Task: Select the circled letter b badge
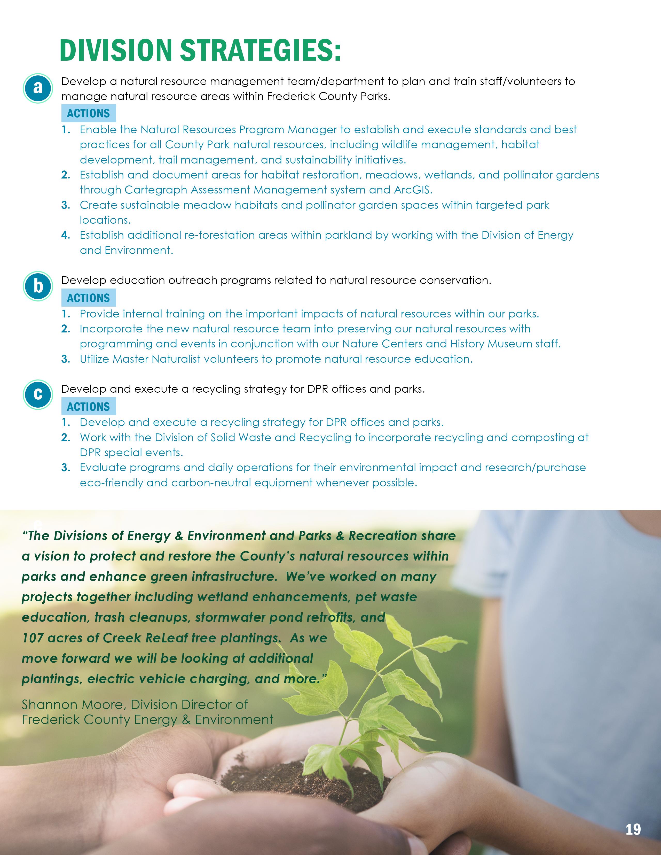click(x=38, y=286)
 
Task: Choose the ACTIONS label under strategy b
click(x=89, y=298)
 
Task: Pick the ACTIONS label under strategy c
click(x=89, y=407)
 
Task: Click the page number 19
click(x=633, y=829)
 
